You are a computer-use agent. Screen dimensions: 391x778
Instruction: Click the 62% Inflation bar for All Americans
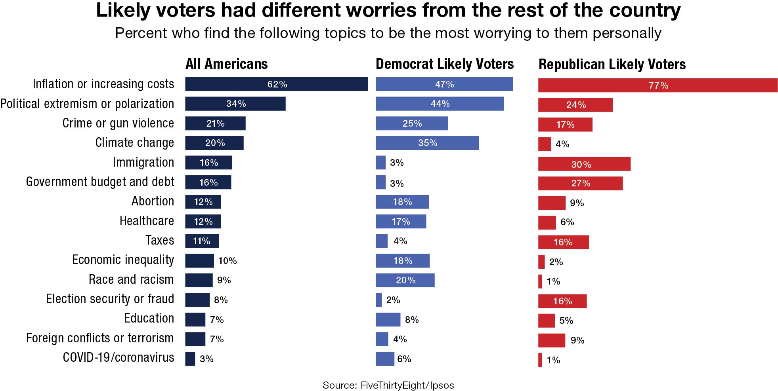tap(276, 84)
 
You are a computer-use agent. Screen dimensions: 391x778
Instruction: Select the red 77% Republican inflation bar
tap(658, 85)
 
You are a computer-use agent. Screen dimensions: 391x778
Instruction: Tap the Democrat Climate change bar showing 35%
tap(427, 143)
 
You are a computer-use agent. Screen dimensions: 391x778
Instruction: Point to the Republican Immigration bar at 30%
tap(584, 164)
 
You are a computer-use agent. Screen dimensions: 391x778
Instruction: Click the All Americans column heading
tap(226, 64)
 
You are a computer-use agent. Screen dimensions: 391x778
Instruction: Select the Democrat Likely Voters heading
tap(444, 64)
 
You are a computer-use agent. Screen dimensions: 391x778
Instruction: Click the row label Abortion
tap(153, 201)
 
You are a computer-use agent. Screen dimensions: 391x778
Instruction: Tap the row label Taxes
tap(160, 240)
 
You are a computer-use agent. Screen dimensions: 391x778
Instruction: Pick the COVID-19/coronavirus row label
tap(119, 357)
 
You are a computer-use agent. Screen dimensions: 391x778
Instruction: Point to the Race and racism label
tap(131, 279)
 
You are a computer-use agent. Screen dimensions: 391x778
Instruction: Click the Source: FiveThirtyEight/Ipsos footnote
tap(388, 385)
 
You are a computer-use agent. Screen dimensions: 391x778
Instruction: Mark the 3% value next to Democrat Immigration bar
tap(397, 163)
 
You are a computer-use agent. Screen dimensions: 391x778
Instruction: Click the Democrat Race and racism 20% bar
tap(405, 280)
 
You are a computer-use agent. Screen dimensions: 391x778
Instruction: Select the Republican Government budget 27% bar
tap(580, 184)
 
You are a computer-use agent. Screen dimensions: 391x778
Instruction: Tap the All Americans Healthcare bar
tap(203, 222)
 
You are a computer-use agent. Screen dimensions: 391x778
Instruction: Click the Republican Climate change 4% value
tap(562, 144)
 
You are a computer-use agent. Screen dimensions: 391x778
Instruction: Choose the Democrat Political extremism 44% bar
tap(440, 104)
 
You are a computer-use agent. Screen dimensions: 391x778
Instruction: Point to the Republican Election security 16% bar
tap(562, 301)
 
